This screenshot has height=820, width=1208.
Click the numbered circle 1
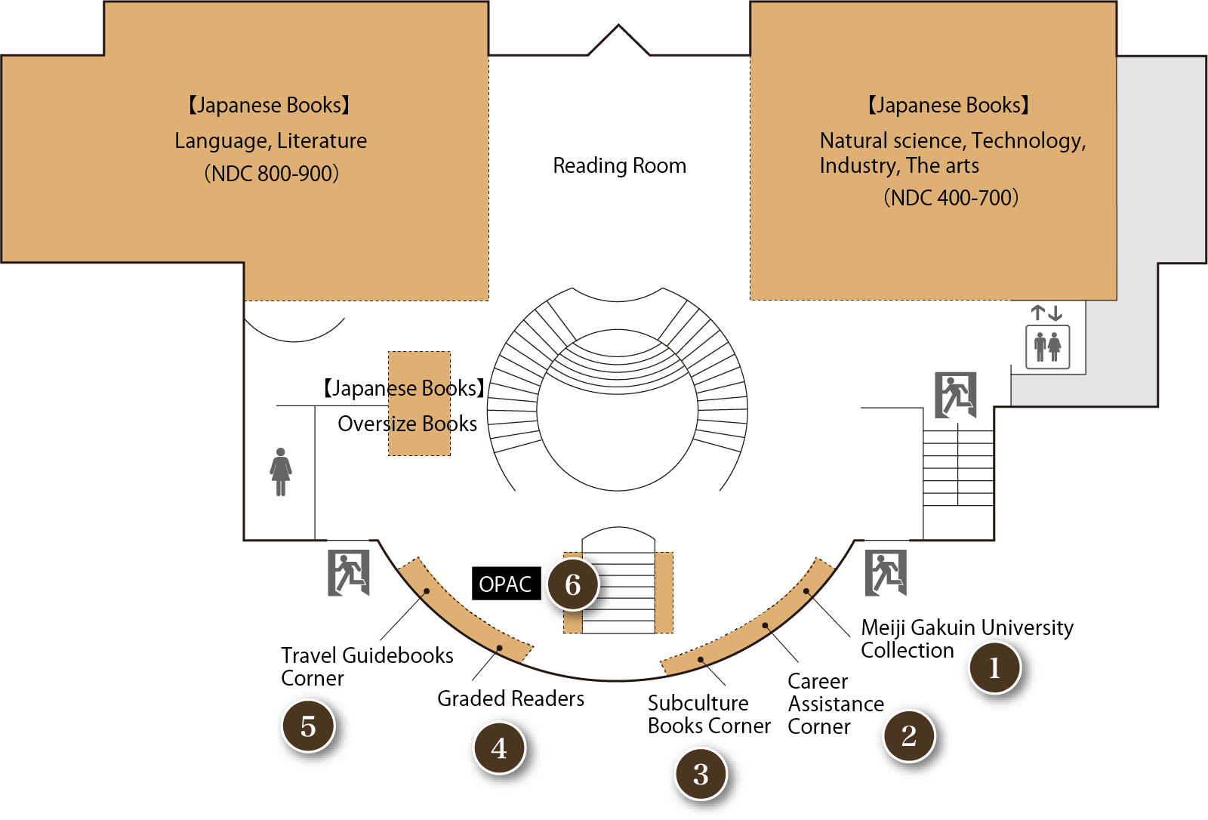point(994,668)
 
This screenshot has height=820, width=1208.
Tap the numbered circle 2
point(909,735)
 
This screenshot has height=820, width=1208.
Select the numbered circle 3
point(701,774)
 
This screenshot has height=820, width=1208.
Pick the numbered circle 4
point(499,748)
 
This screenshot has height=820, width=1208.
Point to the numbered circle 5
point(308,726)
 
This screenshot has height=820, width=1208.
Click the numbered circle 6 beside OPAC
point(573,584)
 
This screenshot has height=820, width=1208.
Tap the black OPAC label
point(505,584)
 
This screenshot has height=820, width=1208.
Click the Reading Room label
point(619,165)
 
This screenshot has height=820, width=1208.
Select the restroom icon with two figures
point(1047,347)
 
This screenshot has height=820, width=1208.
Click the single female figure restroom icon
point(281,472)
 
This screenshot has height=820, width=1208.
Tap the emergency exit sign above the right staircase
point(955,394)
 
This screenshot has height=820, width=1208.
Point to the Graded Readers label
point(510,698)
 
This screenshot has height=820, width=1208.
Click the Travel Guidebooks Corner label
point(366,666)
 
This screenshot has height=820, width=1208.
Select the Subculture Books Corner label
point(708,714)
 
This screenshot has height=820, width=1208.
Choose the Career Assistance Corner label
point(834,704)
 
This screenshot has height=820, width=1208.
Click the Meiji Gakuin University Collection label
point(966,638)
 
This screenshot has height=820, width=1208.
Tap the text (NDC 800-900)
point(271,174)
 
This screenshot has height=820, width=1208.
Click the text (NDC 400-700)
point(951,198)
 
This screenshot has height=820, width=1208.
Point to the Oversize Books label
point(407,424)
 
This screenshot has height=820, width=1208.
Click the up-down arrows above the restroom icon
point(1046,312)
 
